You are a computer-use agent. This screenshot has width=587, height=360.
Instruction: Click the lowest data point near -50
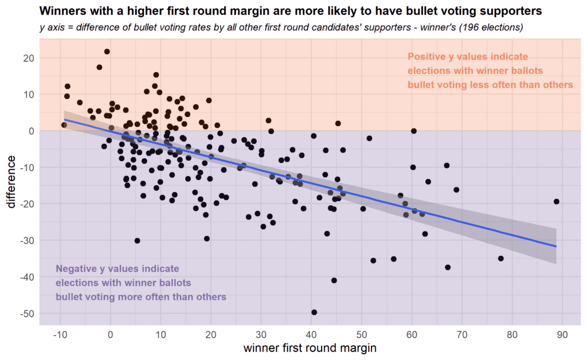tap(314, 312)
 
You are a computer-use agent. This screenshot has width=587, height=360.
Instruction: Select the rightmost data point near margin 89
tap(556, 201)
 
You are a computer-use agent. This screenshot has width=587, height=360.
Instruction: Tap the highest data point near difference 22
tap(107, 52)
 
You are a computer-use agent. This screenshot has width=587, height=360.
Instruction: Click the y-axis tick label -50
tap(25, 314)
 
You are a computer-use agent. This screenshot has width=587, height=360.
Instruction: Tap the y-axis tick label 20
tap(28, 58)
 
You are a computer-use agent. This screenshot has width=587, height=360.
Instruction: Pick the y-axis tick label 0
tap(30, 131)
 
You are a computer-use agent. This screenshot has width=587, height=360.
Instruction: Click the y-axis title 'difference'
tap(11, 182)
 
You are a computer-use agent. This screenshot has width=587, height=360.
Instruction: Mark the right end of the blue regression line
tap(556, 246)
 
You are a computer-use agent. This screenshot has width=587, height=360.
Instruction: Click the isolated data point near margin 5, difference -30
tap(137, 241)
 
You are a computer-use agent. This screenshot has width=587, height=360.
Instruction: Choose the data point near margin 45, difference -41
tap(334, 280)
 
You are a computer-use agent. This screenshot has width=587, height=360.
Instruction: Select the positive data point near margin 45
tap(338, 123)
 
